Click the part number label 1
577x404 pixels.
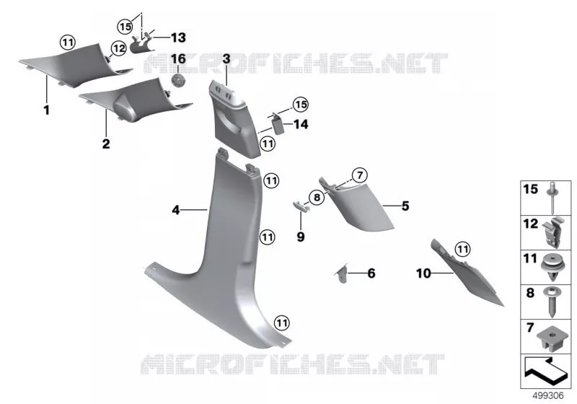click(46, 110)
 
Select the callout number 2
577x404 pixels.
click(106, 144)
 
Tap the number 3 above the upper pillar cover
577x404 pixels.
click(226, 58)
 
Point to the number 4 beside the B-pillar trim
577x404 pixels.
click(176, 210)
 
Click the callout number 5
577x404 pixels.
click(405, 206)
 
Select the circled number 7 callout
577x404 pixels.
click(359, 175)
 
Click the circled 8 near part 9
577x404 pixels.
click(317, 198)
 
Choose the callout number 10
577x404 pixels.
click(423, 273)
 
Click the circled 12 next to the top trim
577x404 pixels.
click(118, 48)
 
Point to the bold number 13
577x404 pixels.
click(178, 38)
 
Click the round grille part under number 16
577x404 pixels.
click(177, 80)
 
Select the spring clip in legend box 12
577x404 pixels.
click(552, 232)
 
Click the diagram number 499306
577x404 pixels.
click(548, 395)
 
